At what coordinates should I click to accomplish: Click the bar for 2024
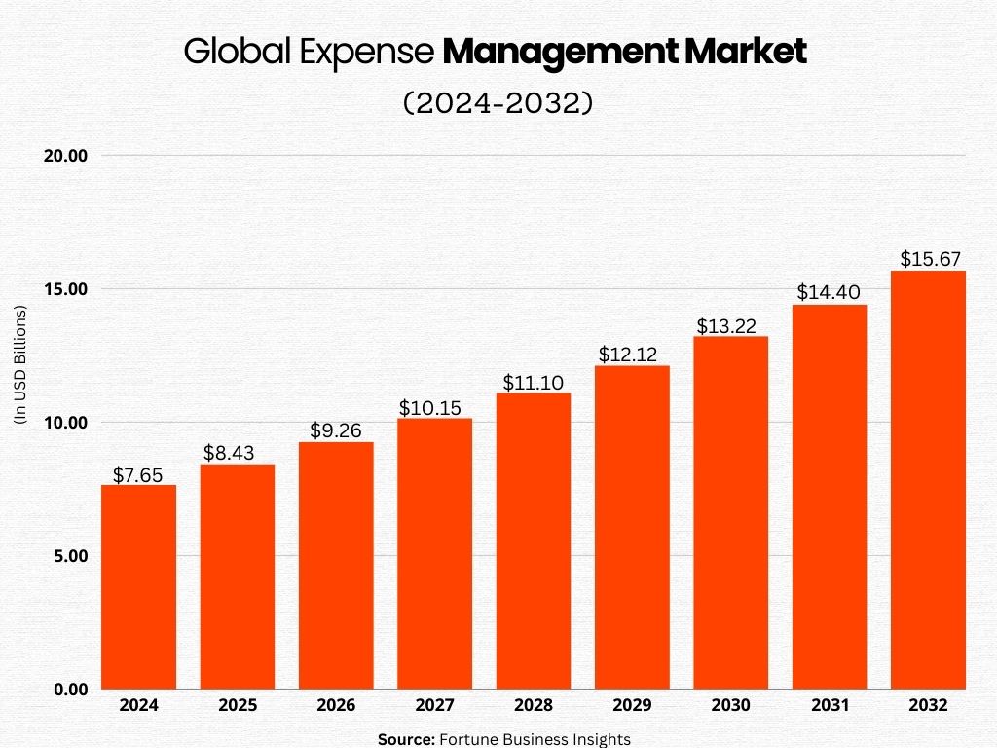pos(138,586)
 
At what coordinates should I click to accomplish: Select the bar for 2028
pos(533,541)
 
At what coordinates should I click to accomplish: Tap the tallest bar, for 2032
pos(928,479)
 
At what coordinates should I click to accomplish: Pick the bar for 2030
pos(730,512)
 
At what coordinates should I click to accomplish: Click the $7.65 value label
pos(138,475)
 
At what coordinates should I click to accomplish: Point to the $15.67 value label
pos(928,260)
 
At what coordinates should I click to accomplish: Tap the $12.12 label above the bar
pos(632,355)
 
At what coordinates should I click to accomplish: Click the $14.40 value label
pos(829,292)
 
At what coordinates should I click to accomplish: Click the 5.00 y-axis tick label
pos(70,556)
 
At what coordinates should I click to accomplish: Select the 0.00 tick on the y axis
pos(70,690)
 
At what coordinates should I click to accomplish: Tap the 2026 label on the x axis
pos(336,705)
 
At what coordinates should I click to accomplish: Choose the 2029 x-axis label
pos(632,705)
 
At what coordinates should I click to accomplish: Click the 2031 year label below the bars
pos(829,705)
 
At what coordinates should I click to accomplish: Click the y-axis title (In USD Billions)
pos(19,364)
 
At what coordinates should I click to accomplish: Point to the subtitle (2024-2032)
pos(498,103)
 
